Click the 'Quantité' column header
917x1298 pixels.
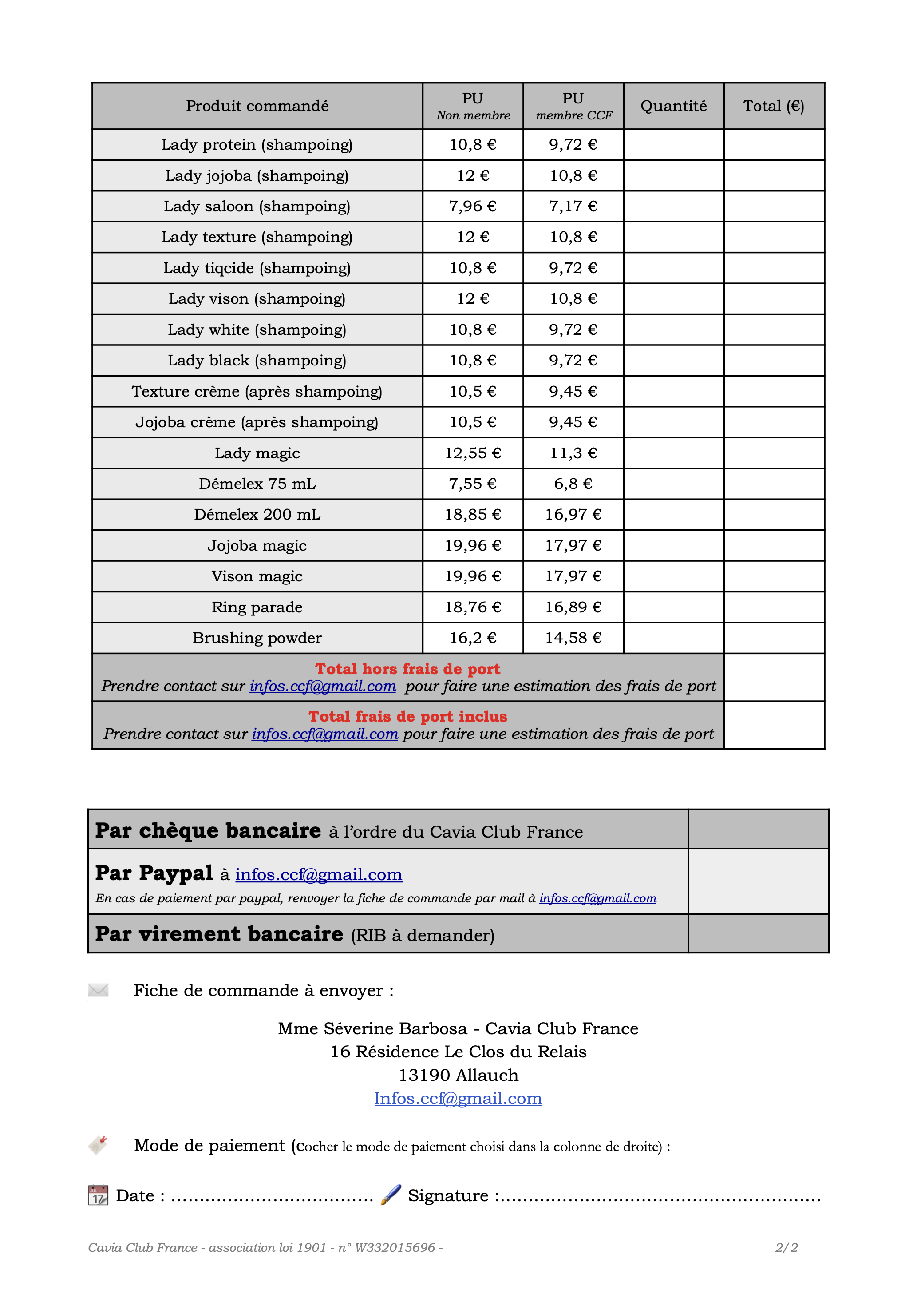[x=673, y=106]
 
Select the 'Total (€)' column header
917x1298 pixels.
[x=774, y=106]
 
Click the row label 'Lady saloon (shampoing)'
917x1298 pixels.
[x=257, y=206]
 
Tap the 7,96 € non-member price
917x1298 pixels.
[x=472, y=206]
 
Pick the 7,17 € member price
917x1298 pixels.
[x=573, y=206]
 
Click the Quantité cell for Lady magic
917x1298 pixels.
[x=673, y=453]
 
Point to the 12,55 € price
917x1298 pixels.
[x=472, y=453]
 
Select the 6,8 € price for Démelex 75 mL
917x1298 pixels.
[x=573, y=484]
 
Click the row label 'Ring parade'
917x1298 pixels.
[x=257, y=607]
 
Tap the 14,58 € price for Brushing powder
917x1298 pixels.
[x=573, y=638]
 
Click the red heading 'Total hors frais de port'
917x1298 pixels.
[x=407, y=669]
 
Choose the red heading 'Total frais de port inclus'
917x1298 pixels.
[x=407, y=716]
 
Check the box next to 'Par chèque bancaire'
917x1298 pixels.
[x=758, y=830]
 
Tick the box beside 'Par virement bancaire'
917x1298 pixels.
[x=758, y=933]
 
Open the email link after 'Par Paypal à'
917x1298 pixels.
[x=319, y=874]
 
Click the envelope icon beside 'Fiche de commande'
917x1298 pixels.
[x=98, y=990]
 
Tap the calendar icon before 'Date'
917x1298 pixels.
[x=98, y=1195]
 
